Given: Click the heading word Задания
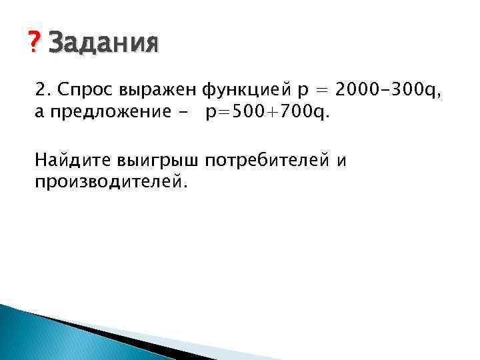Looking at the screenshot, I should (x=104, y=44).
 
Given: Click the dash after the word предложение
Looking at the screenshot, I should (x=182, y=113).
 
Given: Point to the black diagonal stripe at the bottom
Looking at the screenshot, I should (x=133, y=340).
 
